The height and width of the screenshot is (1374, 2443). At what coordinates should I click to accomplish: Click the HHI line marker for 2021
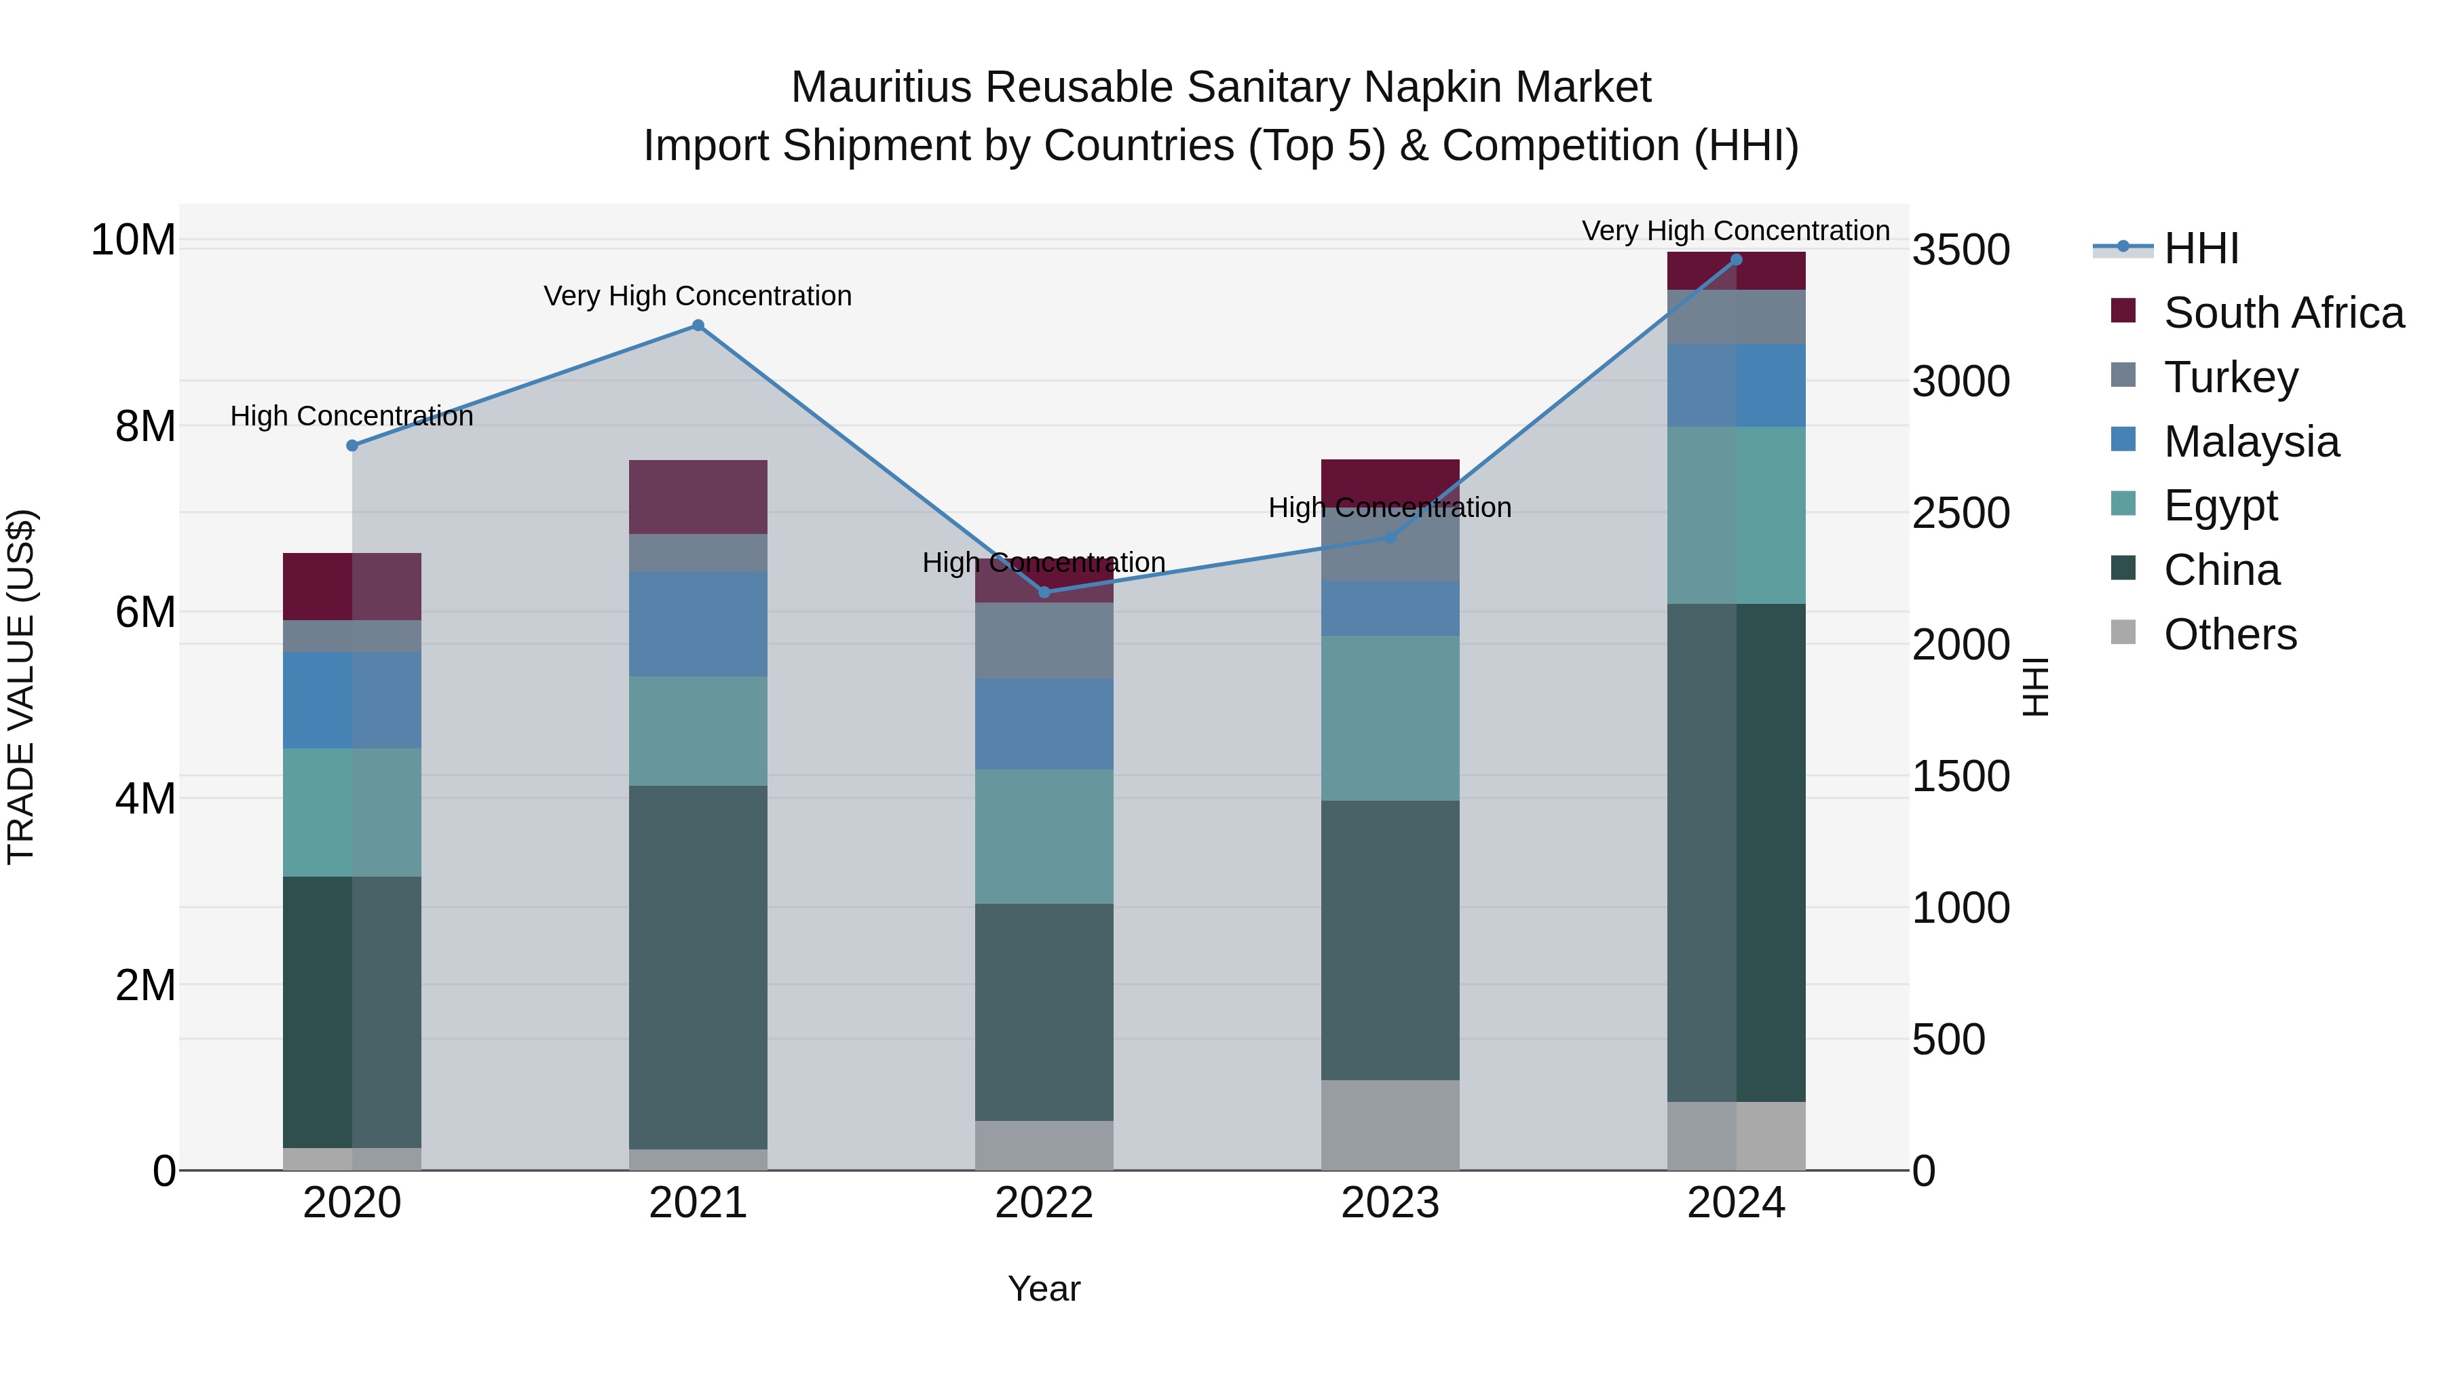coord(698,325)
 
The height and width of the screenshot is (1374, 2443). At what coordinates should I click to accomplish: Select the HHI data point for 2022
coord(1044,592)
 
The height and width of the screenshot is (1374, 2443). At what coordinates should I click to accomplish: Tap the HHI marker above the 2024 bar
coord(1737,260)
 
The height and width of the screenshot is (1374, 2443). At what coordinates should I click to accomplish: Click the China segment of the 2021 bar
coord(698,967)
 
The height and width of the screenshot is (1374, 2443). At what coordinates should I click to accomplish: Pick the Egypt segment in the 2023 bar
coord(1390,718)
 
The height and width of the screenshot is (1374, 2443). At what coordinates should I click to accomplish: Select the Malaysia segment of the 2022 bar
coord(1044,723)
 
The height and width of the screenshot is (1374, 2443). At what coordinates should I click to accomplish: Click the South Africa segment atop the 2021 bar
coord(698,497)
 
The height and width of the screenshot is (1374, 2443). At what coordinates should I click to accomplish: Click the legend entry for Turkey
coord(2231,377)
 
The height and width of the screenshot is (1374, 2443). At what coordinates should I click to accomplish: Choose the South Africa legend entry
coord(2283,313)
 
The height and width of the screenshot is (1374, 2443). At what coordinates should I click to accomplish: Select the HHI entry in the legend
coord(2200,248)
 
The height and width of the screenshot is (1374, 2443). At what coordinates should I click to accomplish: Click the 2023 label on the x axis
coord(1390,1203)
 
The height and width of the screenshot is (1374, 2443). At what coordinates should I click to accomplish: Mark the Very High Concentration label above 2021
coord(698,296)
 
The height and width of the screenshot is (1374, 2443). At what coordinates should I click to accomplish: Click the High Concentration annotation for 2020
coord(352,417)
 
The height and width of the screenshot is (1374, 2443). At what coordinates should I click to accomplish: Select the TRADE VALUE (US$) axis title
coord(21,687)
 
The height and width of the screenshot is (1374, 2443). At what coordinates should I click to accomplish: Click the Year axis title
coord(1044,1289)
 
